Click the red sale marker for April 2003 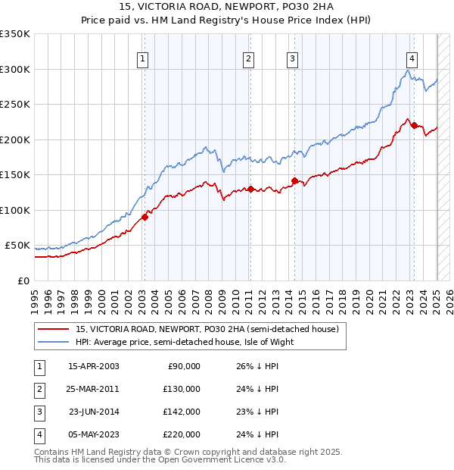point(144,217)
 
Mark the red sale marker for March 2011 point(250,189)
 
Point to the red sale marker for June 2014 point(294,180)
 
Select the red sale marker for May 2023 point(414,125)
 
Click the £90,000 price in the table point(184,366)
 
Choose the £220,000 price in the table point(182,434)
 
